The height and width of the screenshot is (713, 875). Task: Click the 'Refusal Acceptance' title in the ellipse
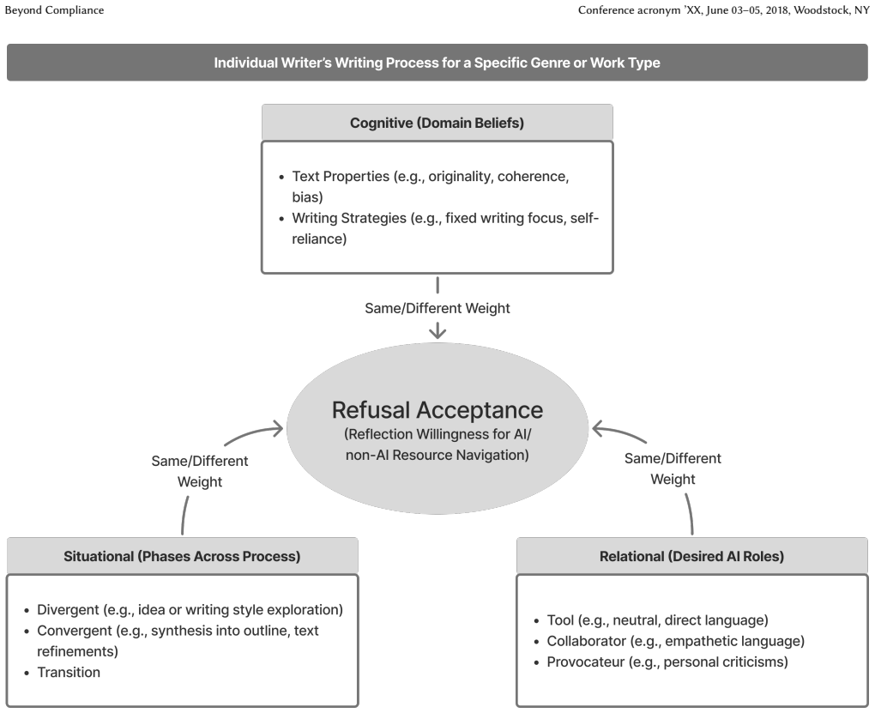[x=437, y=410]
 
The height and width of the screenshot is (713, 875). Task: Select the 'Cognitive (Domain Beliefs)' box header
[x=437, y=123]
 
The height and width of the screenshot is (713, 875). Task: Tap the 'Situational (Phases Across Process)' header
[x=182, y=556]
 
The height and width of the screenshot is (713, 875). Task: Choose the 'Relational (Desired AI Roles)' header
[x=691, y=556]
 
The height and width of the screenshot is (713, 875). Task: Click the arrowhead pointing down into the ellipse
[x=437, y=333]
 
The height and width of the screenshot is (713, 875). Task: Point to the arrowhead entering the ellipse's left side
[x=277, y=429]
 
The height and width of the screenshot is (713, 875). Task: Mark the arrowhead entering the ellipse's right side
[x=599, y=429]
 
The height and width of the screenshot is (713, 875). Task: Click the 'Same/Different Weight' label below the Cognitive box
[x=437, y=308]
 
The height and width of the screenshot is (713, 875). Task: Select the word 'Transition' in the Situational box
[x=69, y=672]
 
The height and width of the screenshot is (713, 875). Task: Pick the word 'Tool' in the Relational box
[x=560, y=620]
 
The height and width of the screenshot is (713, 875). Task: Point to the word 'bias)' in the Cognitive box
[x=307, y=197]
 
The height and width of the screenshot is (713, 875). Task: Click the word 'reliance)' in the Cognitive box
[x=319, y=239]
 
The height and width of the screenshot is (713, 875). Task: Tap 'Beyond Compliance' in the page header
[x=54, y=10]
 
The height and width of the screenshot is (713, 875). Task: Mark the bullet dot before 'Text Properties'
[x=281, y=178]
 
